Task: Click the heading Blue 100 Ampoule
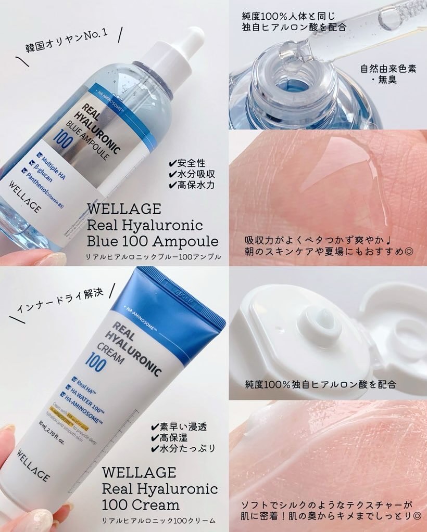pyautogui.click(x=153, y=241)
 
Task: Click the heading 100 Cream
pyautogui.click(x=141, y=504)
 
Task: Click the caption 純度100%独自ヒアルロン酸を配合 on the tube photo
pyautogui.click(x=321, y=384)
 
